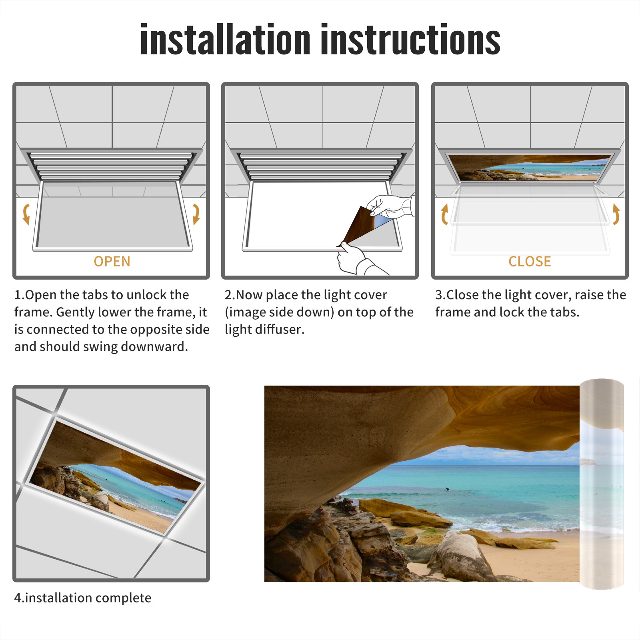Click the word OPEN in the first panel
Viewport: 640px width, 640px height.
[112, 262]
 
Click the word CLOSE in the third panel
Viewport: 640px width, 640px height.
[530, 262]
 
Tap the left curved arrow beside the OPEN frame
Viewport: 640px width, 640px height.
[26, 214]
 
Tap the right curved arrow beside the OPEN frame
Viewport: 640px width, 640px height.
[196, 214]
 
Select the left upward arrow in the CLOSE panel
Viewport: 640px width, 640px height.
[444, 214]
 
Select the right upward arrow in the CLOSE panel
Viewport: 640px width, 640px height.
[616, 214]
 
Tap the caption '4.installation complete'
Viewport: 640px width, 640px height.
[83, 598]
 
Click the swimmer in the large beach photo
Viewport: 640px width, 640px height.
[447, 489]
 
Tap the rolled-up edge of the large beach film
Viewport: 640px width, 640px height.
[602, 484]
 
